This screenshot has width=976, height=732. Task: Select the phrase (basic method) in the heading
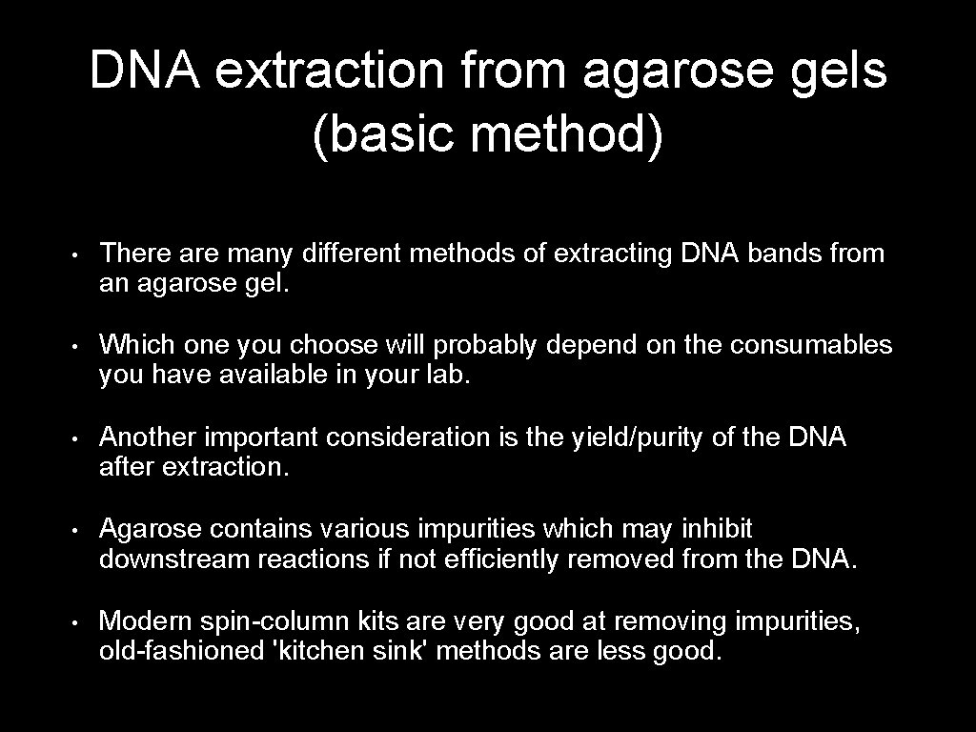pos(487,135)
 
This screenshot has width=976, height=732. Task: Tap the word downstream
pos(174,559)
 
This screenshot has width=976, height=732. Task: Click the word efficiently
pos(499,559)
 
